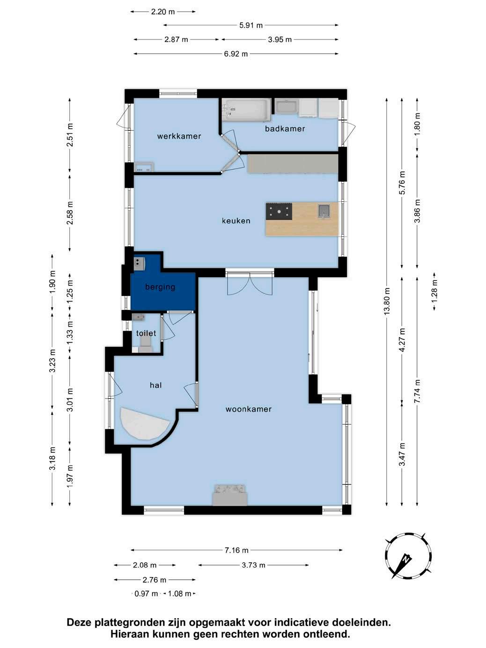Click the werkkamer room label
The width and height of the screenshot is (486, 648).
179,136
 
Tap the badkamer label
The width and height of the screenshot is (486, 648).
285,128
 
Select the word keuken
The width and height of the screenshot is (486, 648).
236,221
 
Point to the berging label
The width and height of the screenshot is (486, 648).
160,287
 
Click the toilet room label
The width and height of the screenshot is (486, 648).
146,333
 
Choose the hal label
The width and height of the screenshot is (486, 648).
156,385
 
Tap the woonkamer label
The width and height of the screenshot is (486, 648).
249,409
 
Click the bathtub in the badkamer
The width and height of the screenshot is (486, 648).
246,110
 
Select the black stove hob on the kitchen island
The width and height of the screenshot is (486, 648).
279,211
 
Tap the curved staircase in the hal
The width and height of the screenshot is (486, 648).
145,425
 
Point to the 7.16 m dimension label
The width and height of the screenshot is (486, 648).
236,550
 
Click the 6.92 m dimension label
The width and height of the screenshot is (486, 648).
236,54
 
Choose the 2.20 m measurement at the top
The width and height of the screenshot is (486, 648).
163,12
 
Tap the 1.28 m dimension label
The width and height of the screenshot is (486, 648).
434,291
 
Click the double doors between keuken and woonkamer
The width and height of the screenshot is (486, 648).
250,283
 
